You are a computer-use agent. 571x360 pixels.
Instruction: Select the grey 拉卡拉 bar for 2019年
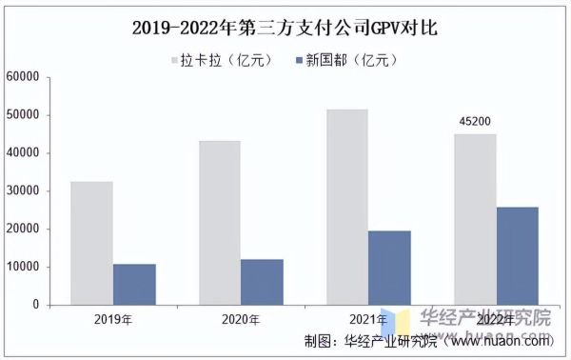click(91, 243)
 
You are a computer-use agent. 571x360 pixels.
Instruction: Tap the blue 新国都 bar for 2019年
click(134, 284)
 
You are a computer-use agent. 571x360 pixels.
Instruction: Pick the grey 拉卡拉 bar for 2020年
click(219, 223)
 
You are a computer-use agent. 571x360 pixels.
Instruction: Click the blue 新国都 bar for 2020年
click(262, 282)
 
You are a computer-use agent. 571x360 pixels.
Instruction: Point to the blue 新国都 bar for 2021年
click(389, 268)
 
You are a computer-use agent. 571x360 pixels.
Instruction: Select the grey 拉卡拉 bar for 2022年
click(474, 219)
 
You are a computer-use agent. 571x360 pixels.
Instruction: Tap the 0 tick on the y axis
click(34, 306)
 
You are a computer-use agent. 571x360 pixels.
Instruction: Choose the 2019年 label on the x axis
click(113, 320)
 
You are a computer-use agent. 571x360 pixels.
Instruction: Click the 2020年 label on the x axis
click(241, 320)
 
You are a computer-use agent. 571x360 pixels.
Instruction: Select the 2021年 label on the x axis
click(367, 320)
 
